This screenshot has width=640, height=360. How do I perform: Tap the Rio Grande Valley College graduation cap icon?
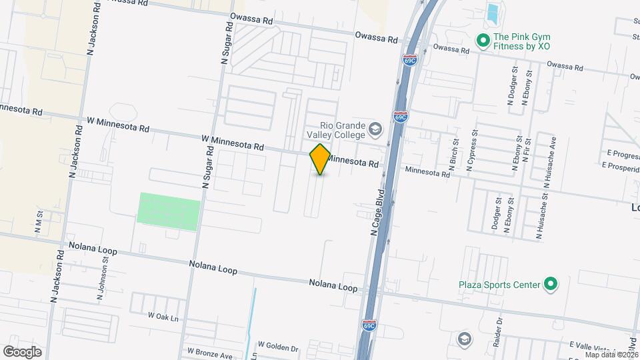coord(375,129)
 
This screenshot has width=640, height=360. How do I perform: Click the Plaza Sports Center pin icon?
coord(550,285)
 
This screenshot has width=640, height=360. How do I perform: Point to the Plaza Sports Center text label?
coord(499,285)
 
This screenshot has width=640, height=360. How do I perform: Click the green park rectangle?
coord(169,211)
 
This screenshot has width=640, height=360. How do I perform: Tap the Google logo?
coord(22,351)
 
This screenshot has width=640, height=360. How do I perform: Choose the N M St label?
coord(39,223)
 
